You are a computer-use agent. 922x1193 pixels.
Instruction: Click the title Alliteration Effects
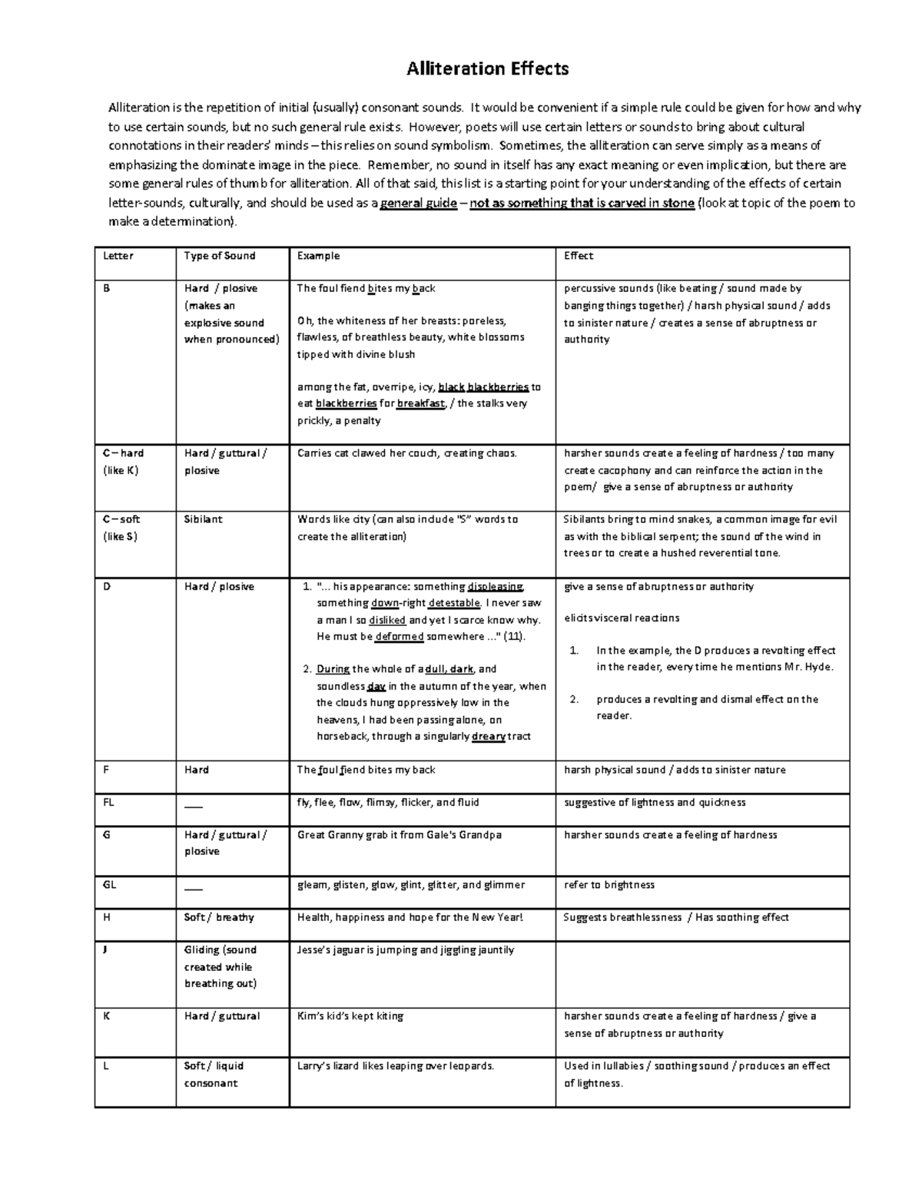click(487, 69)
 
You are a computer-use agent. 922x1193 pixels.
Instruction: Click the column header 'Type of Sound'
click(219, 256)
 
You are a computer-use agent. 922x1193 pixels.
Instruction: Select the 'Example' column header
click(318, 256)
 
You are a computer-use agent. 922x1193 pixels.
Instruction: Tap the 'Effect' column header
click(579, 256)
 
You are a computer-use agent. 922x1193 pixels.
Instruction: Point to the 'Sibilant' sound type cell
click(203, 519)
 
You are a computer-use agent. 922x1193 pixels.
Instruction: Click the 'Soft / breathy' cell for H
click(218, 917)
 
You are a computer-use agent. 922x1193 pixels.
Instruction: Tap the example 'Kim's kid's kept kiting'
click(350, 1016)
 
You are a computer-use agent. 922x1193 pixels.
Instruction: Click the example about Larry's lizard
click(396, 1065)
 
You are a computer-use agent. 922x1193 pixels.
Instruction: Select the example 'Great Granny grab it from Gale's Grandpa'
click(399, 835)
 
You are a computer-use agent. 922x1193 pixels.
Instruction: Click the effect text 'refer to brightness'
click(609, 884)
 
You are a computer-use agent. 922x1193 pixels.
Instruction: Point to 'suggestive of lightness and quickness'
click(655, 802)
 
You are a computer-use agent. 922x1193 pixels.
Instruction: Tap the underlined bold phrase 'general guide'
click(419, 204)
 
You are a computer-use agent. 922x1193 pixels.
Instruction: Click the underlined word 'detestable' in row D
click(454, 604)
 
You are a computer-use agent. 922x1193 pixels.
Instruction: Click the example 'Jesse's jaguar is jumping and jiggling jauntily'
click(406, 949)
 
